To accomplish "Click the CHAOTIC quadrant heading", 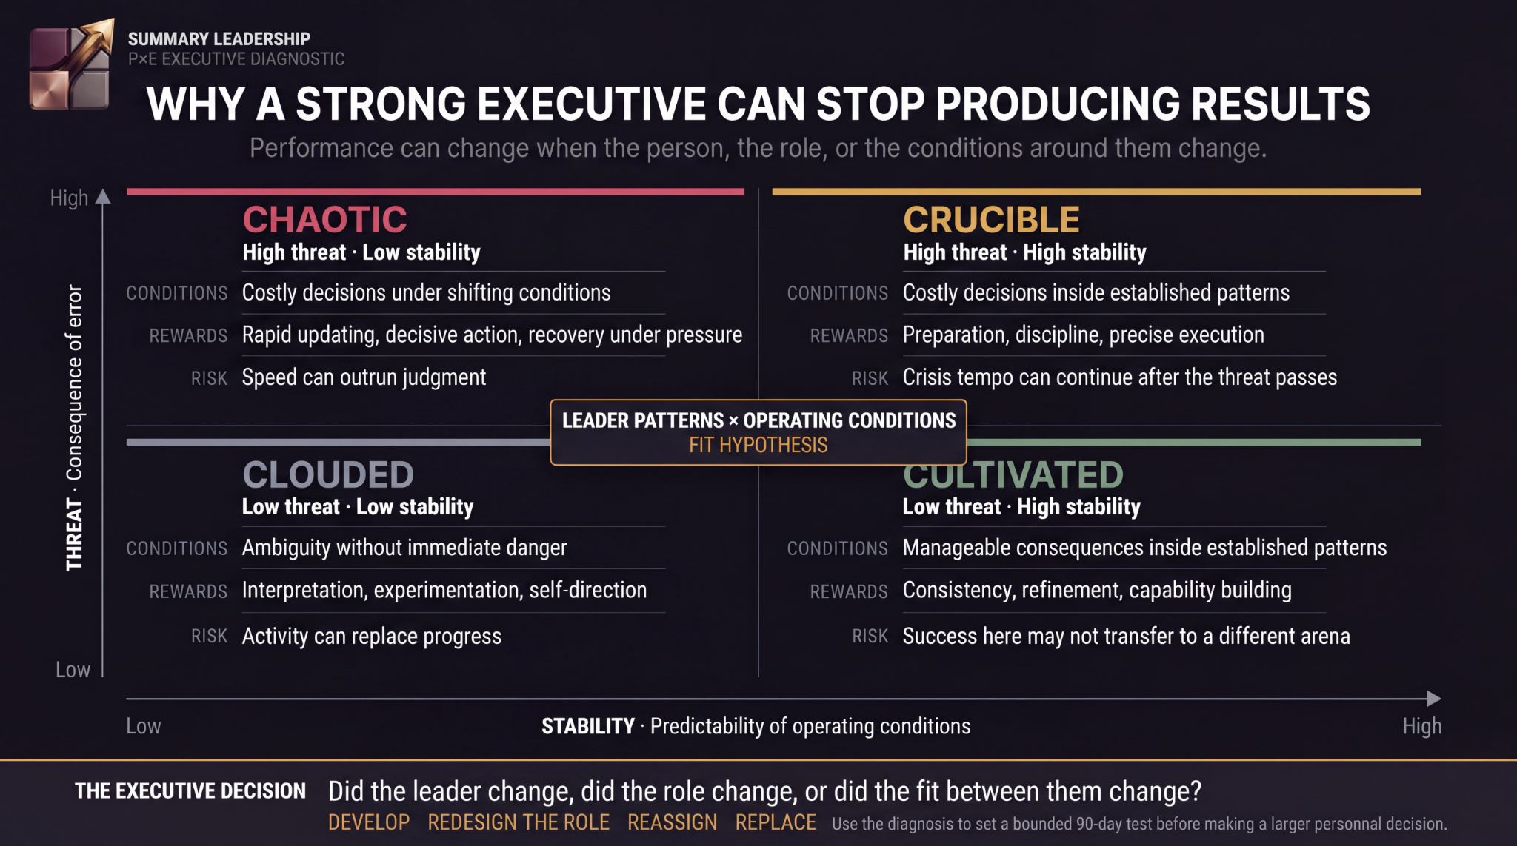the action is [325, 220].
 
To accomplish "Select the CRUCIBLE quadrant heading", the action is [991, 220].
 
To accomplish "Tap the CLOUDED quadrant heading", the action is [328, 474].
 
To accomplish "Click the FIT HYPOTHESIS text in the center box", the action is [758, 445].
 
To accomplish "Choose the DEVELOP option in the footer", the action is [369, 822].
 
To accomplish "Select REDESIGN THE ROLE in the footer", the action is [519, 822].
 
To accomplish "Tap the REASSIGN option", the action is [673, 822].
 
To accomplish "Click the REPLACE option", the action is [776, 822].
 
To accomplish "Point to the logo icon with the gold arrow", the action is [71, 65].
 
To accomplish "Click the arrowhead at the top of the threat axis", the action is [103, 197].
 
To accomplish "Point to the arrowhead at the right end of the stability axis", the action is [1434, 699].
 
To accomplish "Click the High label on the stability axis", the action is [1421, 726].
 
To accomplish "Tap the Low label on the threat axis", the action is [73, 670].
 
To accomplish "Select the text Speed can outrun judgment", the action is [364, 377].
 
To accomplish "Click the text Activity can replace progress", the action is [372, 637].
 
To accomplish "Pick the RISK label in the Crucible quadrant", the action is [870, 378].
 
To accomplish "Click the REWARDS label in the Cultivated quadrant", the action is [849, 591].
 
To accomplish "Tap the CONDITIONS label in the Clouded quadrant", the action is [177, 548].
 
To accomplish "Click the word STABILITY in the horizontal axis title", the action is [588, 726].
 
